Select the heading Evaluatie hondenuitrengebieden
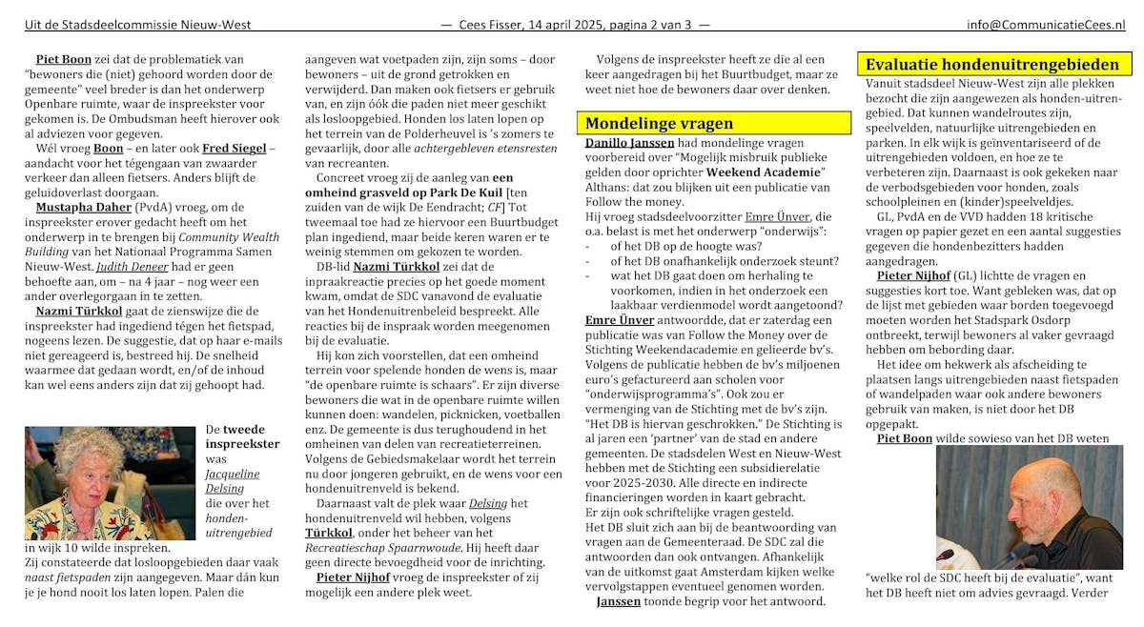point(991,65)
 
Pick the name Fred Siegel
point(235,149)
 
